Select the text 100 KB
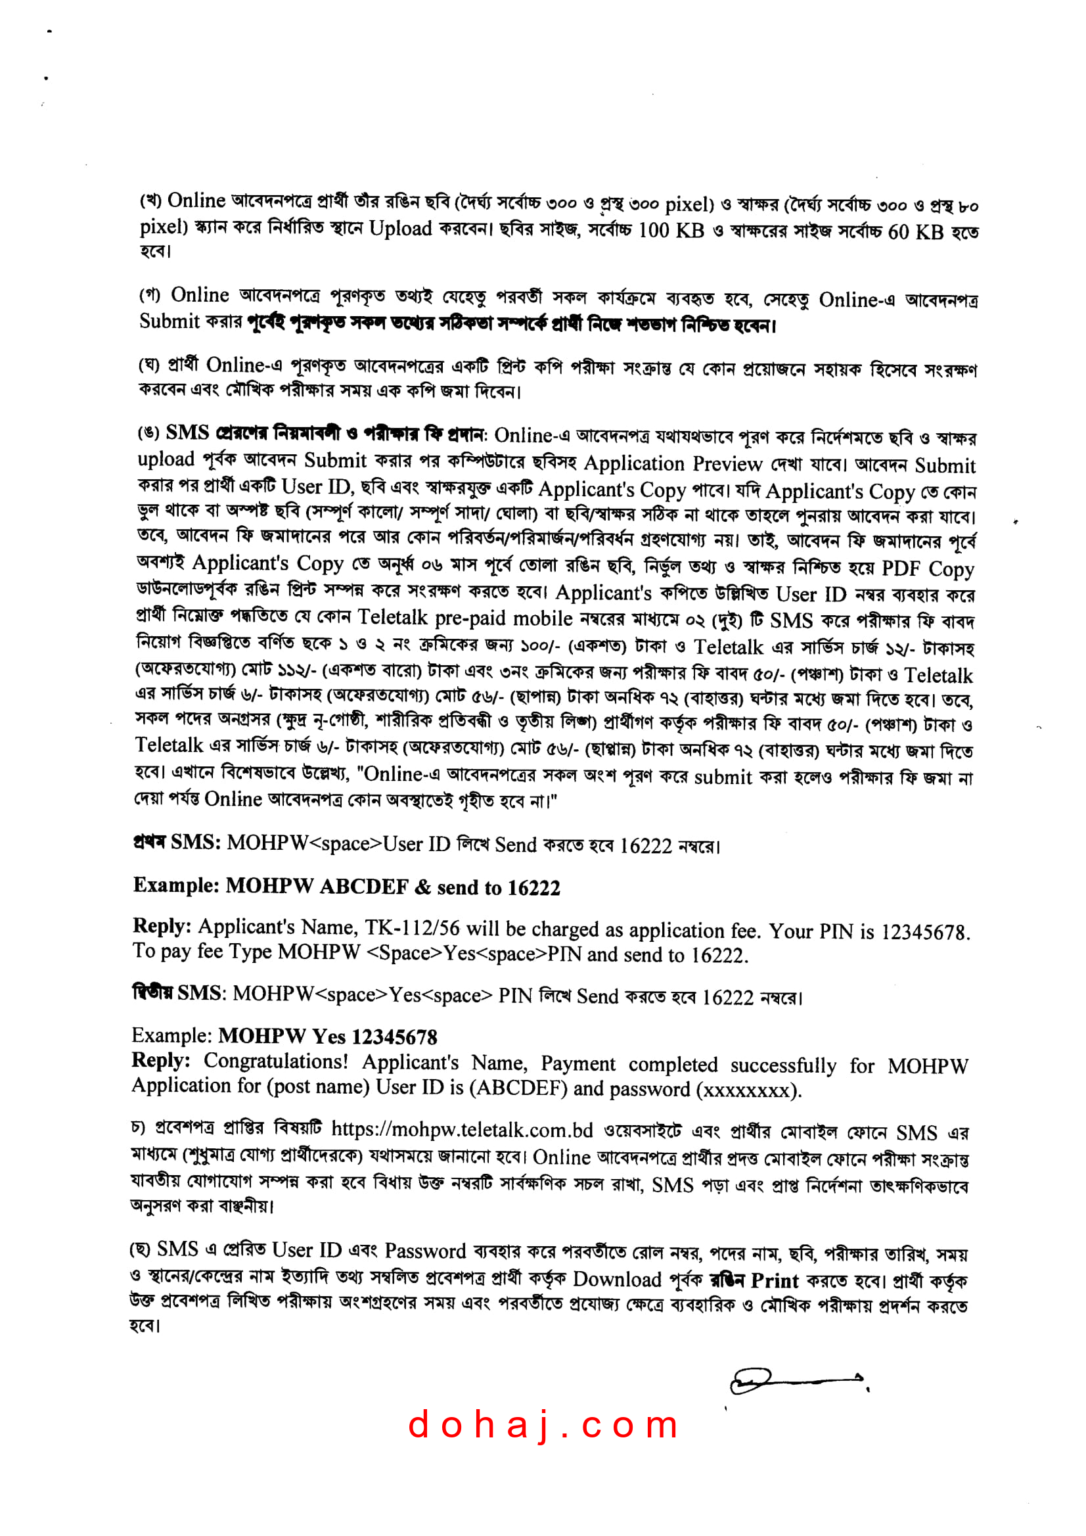click(x=671, y=231)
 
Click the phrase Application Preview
click(x=673, y=463)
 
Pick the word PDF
click(x=901, y=568)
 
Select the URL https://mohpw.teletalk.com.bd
click(x=462, y=1130)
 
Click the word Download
click(x=616, y=1279)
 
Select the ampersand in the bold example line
click(x=422, y=888)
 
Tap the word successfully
click(x=783, y=1065)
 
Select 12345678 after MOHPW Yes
click(x=394, y=1038)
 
